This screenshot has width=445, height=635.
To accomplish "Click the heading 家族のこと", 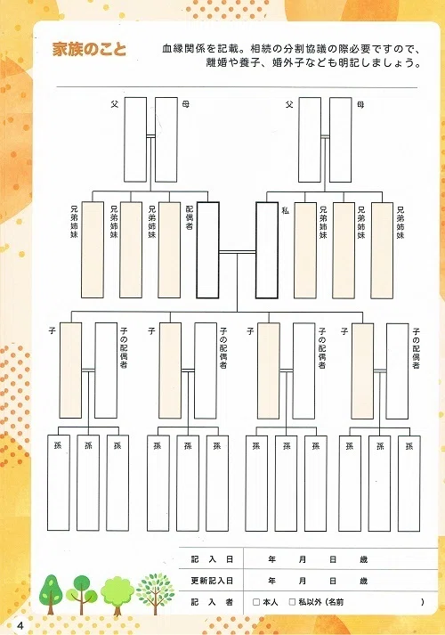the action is (89, 49).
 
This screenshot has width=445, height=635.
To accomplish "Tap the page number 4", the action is (20, 625).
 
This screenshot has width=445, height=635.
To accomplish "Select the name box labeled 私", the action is (267, 250).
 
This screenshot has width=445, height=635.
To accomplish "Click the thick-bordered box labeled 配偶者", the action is (208, 250).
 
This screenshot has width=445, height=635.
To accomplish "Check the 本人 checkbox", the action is (256, 602).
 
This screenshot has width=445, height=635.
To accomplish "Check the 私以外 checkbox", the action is (292, 602).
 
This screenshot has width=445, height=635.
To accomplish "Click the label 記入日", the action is (212, 559).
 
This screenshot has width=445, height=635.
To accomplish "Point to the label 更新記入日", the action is (212, 581).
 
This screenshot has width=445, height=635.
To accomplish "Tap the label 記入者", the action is (212, 602).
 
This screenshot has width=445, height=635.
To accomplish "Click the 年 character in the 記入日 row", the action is (271, 559).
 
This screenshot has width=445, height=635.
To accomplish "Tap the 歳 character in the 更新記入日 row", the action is (364, 581).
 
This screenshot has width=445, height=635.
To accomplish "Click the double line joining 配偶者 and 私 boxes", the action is (238, 252).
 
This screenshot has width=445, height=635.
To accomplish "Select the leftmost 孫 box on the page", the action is (59, 483).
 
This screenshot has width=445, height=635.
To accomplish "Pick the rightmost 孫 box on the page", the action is (409, 484).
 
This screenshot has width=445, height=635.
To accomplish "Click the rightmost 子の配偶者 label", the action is (416, 348).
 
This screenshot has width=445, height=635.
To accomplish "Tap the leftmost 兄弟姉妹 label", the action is (74, 222).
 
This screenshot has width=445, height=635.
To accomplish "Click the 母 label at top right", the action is (360, 105).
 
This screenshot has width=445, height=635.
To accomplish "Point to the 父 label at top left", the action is (115, 104).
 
